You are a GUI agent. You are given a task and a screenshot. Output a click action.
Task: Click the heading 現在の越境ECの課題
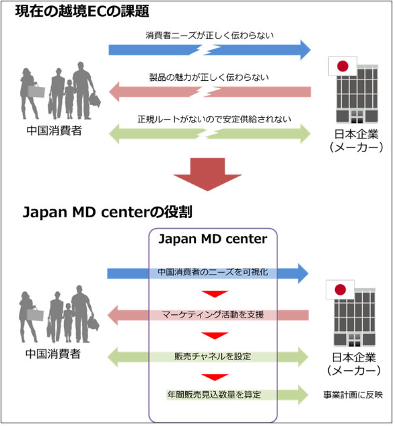[x=82, y=11]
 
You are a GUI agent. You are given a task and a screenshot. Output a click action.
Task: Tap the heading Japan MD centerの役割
[x=108, y=212]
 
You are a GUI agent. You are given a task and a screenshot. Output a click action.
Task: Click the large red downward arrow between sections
[x=207, y=174]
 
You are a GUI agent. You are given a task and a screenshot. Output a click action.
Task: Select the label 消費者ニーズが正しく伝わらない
[x=209, y=35]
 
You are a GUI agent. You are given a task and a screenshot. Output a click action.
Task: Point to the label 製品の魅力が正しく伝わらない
[x=209, y=77]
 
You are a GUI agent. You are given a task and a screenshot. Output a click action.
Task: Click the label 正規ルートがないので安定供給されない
[x=215, y=119]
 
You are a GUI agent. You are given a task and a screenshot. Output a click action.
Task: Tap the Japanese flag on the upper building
[x=343, y=66]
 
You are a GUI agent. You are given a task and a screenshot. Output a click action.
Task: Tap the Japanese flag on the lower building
[x=340, y=289]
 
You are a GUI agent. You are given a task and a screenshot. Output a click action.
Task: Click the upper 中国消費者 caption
[x=55, y=131]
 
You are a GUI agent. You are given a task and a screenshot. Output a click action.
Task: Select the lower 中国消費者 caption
[x=53, y=354]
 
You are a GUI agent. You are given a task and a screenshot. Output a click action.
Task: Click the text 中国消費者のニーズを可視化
[x=213, y=273]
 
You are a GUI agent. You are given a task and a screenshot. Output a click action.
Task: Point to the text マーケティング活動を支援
[x=213, y=314]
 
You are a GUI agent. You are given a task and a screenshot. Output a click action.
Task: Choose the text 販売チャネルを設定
[x=213, y=357]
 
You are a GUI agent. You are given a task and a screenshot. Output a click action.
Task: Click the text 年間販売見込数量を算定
[x=214, y=394]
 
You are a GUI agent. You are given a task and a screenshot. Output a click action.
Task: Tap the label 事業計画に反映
[x=353, y=395]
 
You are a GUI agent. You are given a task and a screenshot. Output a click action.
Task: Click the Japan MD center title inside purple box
[x=213, y=239]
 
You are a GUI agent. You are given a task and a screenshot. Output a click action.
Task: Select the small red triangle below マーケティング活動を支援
[x=215, y=335]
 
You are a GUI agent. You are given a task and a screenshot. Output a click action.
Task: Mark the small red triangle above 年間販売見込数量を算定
[x=215, y=377]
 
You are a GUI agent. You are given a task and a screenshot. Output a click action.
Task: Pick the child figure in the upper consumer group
[x=69, y=99]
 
